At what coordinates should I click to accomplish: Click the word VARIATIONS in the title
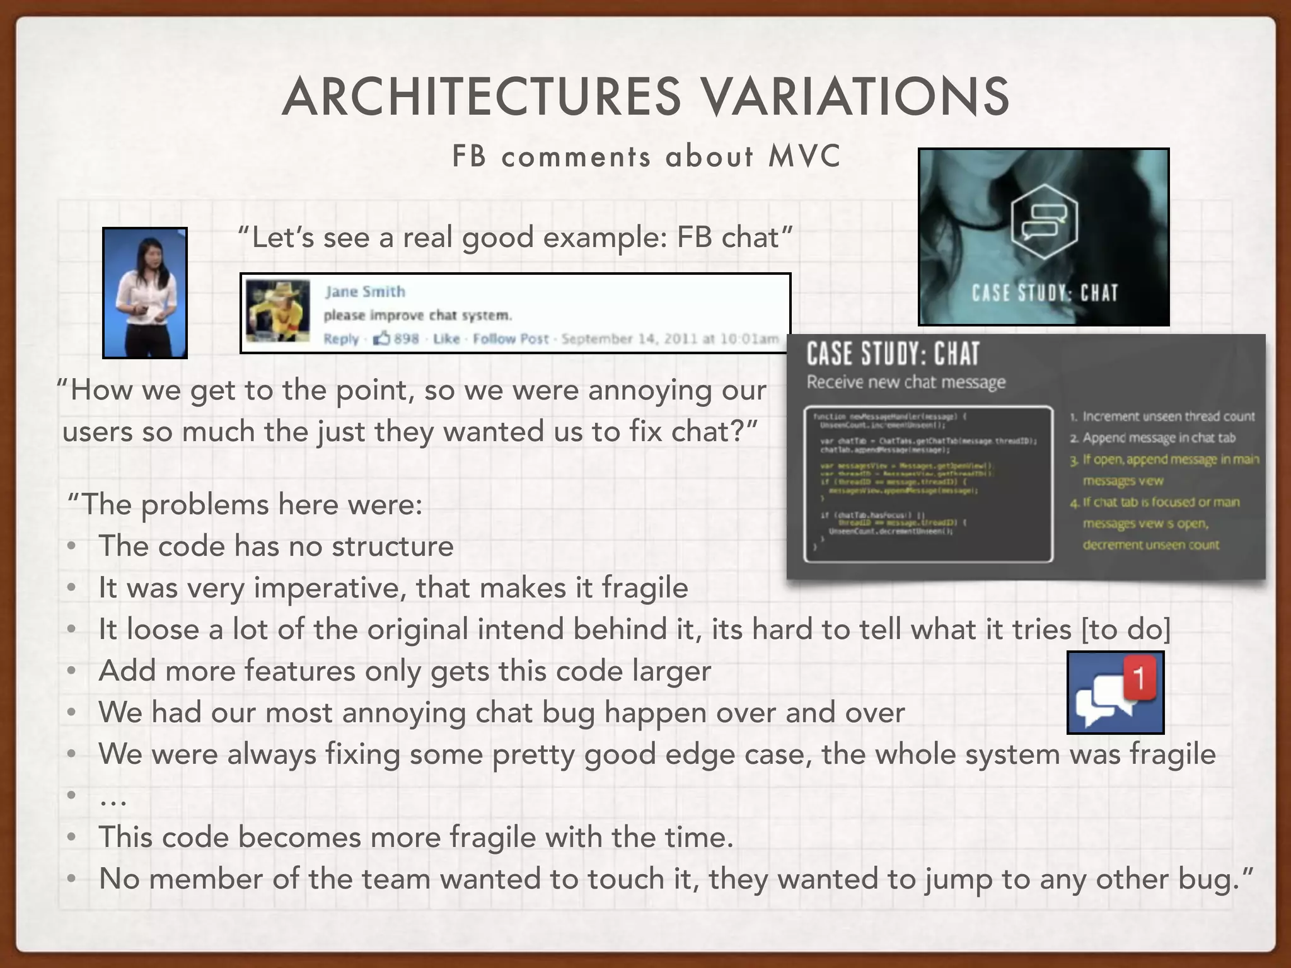[855, 96]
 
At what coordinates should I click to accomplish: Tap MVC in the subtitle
[805, 156]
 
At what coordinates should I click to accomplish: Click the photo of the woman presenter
[145, 293]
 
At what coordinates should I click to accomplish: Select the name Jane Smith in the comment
[365, 291]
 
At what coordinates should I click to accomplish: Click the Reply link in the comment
[340, 339]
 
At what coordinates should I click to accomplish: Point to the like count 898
[406, 339]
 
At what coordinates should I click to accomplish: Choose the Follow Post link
[510, 339]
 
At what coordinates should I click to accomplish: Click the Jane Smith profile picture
[278, 311]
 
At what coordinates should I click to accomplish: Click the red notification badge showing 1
[1139, 678]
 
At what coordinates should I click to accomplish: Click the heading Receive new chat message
[906, 382]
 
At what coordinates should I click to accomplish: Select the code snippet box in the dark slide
[928, 484]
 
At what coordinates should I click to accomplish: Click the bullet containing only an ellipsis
[113, 797]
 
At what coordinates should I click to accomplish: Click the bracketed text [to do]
[1126, 630]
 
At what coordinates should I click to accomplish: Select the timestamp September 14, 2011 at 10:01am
[669, 339]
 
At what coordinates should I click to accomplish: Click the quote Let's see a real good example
[514, 238]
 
